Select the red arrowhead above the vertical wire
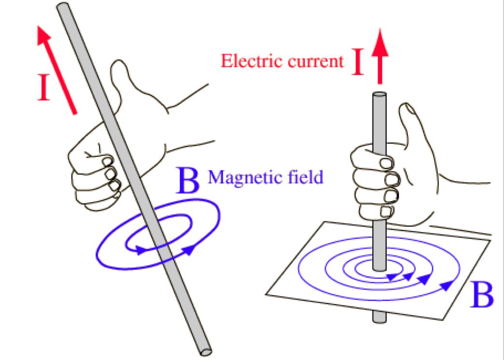pos(381,40)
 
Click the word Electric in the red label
pos(247,61)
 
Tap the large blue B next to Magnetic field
pos(188,181)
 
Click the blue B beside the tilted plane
pos(482,294)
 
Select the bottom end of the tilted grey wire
pos(206,350)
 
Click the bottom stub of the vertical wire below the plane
pos(380,317)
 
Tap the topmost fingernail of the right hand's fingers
pos(385,163)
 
